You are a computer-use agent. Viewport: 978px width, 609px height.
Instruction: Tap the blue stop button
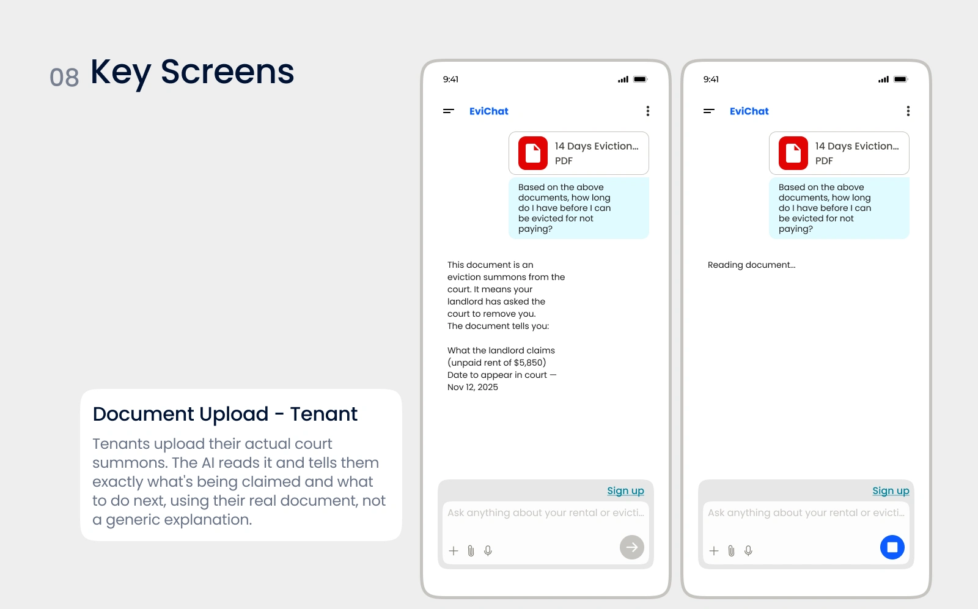[892, 547]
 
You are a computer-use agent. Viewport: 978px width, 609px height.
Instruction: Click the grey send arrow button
[632, 547]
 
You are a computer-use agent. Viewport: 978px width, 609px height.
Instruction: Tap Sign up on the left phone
[625, 490]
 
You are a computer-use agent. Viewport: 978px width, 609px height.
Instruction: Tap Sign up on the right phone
[891, 490]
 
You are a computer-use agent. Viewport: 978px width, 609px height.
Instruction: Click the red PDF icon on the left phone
[532, 153]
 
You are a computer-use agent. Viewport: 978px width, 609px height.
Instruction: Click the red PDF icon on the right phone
[793, 153]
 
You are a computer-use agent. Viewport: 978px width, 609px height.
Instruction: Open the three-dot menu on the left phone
[647, 111]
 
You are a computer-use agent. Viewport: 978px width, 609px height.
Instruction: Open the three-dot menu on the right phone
[908, 111]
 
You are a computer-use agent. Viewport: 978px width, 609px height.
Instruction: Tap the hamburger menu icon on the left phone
[449, 111]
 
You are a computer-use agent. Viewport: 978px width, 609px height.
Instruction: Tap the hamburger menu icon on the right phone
[708, 111]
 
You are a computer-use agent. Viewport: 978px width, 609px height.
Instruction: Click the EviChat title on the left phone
[488, 111]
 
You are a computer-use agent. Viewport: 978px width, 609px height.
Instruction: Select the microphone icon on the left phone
[488, 550]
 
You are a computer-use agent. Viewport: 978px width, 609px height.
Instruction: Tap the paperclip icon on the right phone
[731, 550]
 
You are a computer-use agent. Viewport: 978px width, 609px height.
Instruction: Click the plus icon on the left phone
[453, 550]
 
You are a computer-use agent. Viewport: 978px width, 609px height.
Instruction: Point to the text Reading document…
[751, 265]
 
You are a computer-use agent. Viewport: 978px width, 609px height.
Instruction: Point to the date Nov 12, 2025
[472, 387]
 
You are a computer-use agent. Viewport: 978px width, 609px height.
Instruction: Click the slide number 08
[64, 77]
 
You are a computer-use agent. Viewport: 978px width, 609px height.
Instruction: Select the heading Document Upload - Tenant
[225, 414]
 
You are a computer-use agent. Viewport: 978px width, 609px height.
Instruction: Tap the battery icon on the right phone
[901, 79]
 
